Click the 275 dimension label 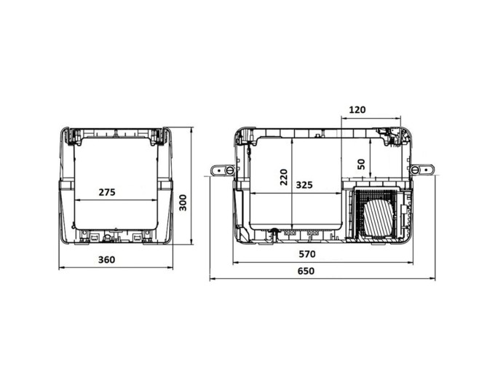pyautogui.click(x=107, y=192)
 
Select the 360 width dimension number pyautogui.click(x=107, y=260)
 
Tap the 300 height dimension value pyautogui.click(x=183, y=202)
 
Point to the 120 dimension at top pyautogui.click(x=357, y=109)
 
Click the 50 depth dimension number pyautogui.click(x=362, y=164)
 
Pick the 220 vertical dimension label pyautogui.click(x=284, y=177)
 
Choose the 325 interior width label pyautogui.click(x=304, y=185)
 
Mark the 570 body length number pyautogui.click(x=307, y=254)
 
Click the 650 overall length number pyautogui.click(x=306, y=271)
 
